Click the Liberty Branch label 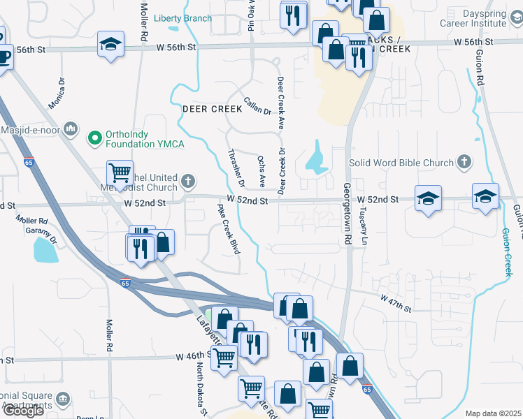click(182, 18)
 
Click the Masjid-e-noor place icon click(70, 128)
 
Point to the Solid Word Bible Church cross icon click(463, 163)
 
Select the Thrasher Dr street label click(235, 168)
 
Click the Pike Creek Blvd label click(229, 229)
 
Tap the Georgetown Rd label click(346, 213)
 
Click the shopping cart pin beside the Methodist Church click(120, 173)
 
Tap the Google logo click(23, 411)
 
